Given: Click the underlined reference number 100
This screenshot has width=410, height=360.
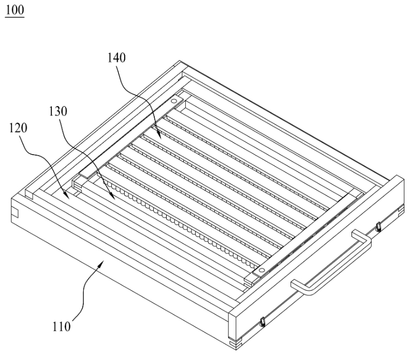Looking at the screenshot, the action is [x=14, y=10].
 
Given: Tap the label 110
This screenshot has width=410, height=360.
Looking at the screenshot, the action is [x=62, y=327].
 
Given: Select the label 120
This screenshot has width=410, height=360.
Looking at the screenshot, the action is [x=18, y=128].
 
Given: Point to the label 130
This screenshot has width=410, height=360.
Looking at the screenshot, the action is [x=58, y=111].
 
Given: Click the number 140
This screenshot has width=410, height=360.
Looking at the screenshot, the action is [x=116, y=57].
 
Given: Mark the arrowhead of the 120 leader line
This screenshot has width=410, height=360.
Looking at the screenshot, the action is [x=66, y=196].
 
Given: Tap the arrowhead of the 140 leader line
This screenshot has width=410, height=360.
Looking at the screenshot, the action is [x=159, y=136].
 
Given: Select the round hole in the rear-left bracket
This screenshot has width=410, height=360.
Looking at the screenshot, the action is [x=173, y=101].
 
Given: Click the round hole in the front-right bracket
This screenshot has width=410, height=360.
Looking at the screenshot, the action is [x=261, y=271].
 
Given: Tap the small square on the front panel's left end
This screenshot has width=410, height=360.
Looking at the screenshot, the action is [x=15, y=213].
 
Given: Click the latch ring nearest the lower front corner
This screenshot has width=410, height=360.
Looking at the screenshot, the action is [x=262, y=322].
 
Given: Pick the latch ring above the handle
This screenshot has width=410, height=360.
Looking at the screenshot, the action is [x=378, y=227].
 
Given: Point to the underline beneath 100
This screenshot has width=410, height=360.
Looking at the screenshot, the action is [x=14, y=17].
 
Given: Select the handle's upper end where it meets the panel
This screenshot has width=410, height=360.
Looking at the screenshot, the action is [x=355, y=233].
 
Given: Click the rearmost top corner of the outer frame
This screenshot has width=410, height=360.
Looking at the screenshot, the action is [x=180, y=61].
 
